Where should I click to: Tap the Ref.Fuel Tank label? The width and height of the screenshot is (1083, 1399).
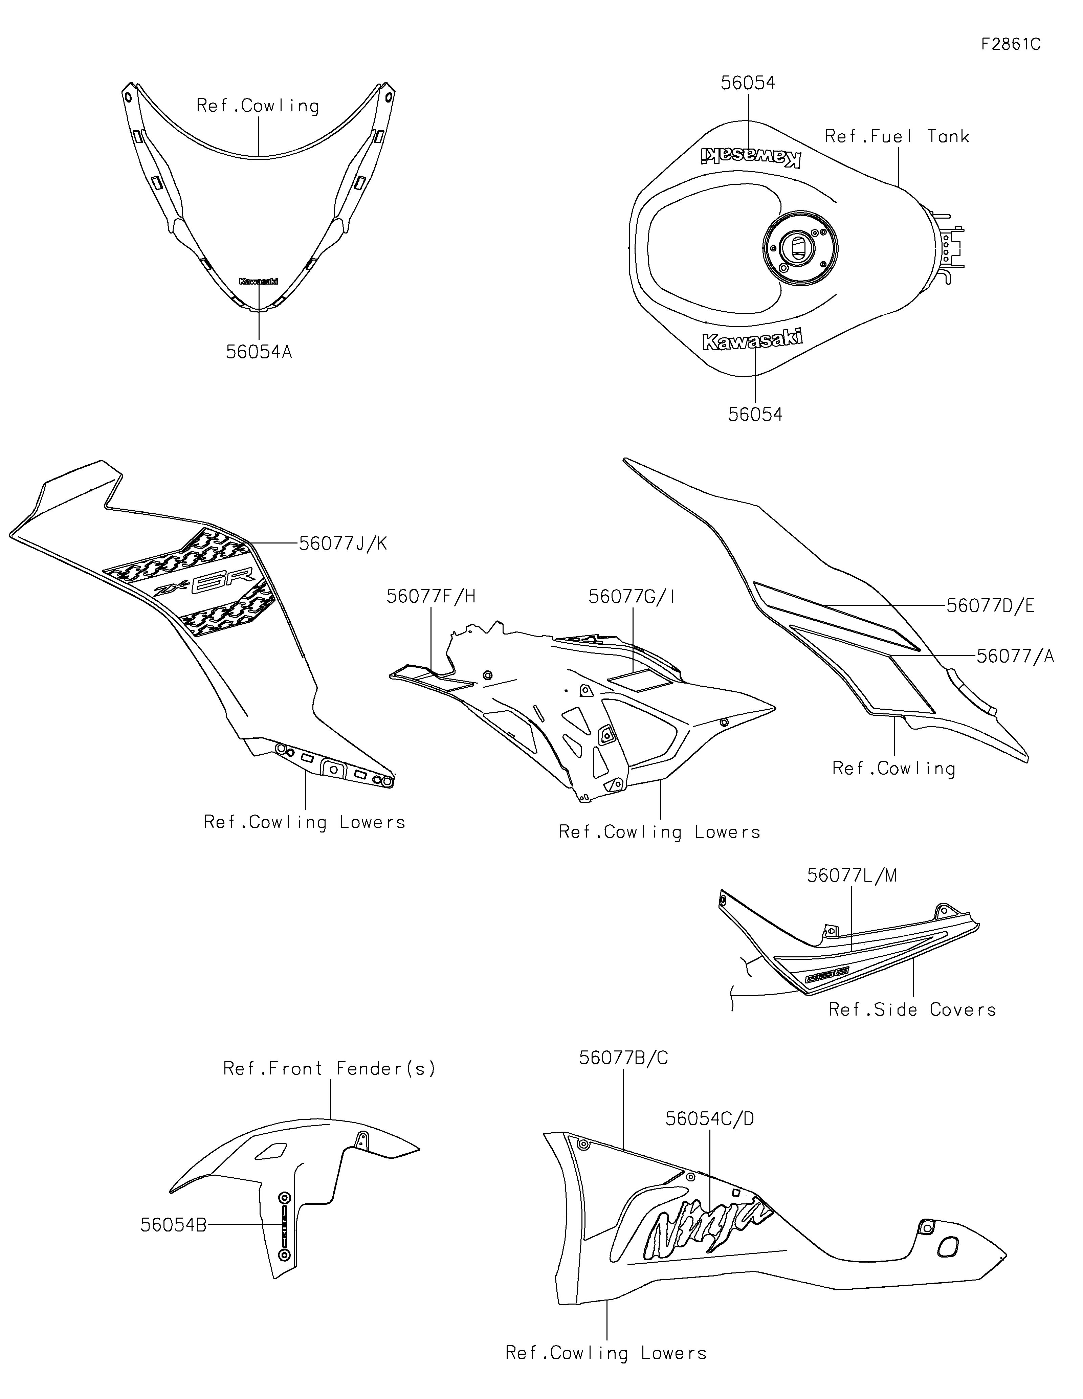click(x=897, y=136)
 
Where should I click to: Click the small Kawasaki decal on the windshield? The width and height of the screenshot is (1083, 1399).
click(x=259, y=281)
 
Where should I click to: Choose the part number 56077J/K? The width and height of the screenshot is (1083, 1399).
click(x=343, y=544)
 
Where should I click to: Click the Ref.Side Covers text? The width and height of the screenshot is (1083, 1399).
click(x=912, y=1010)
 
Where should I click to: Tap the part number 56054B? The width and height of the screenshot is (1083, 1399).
click(x=174, y=1225)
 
